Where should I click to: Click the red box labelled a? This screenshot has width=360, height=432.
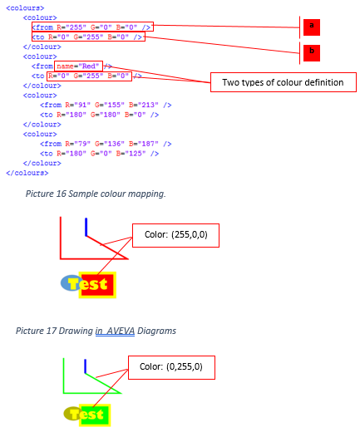point(312,27)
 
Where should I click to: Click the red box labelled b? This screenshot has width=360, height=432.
point(312,53)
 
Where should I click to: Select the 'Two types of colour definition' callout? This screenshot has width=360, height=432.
point(284,82)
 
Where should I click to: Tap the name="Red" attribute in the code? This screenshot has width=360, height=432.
point(78,66)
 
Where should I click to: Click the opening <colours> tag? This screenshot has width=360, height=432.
point(25,8)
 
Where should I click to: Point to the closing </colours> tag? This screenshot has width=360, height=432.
point(27,173)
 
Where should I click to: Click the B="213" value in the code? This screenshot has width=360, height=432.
point(144,105)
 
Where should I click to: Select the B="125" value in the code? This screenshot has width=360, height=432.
point(131,154)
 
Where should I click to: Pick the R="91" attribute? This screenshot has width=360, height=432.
point(78,105)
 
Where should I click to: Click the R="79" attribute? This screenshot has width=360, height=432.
point(78,144)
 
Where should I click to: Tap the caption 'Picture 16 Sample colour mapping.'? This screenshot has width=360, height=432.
point(96,194)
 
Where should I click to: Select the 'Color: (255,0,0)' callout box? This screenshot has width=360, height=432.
point(175,235)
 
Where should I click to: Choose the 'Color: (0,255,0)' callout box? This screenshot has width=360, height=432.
point(171,367)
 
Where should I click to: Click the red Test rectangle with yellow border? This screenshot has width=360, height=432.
point(97,285)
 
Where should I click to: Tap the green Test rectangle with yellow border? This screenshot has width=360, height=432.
point(95,415)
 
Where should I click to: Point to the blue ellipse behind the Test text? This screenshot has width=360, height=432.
point(70,282)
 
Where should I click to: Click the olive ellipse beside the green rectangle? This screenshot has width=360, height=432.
point(72,414)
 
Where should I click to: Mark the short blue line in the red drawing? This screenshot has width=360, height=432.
point(86,227)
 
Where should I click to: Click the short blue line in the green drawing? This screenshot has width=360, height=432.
point(86,366)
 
